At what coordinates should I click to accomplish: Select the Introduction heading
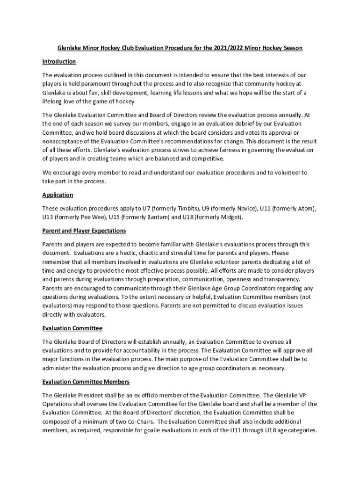59,62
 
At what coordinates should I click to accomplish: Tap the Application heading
58,195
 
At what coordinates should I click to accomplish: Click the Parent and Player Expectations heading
84,231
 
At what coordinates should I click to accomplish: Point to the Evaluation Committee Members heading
86,382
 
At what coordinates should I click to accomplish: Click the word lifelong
54,102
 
